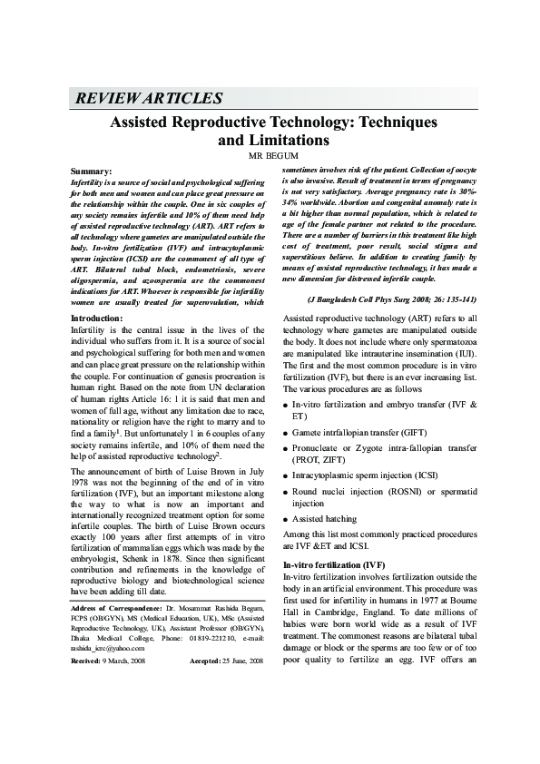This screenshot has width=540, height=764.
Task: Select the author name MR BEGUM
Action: [273, 155]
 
